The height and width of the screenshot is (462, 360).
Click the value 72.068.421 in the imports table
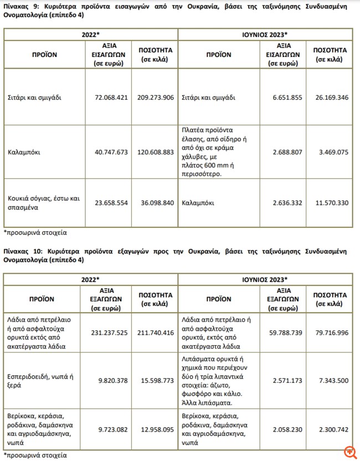pos(111,97)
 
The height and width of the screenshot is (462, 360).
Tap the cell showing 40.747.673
pos(111,150)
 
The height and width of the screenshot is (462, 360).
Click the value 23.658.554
pos(111,203)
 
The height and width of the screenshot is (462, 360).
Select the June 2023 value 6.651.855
pos(287,97)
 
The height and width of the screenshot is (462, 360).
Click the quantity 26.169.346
pos(331,97)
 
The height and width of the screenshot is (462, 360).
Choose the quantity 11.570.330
pos(331,203)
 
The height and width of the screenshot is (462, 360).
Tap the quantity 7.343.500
pos(331,380)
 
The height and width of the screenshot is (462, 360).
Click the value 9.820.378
pos(111,380)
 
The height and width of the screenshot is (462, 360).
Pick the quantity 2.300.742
pos(331,428)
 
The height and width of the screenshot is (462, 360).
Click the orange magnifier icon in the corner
pos(349,451)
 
